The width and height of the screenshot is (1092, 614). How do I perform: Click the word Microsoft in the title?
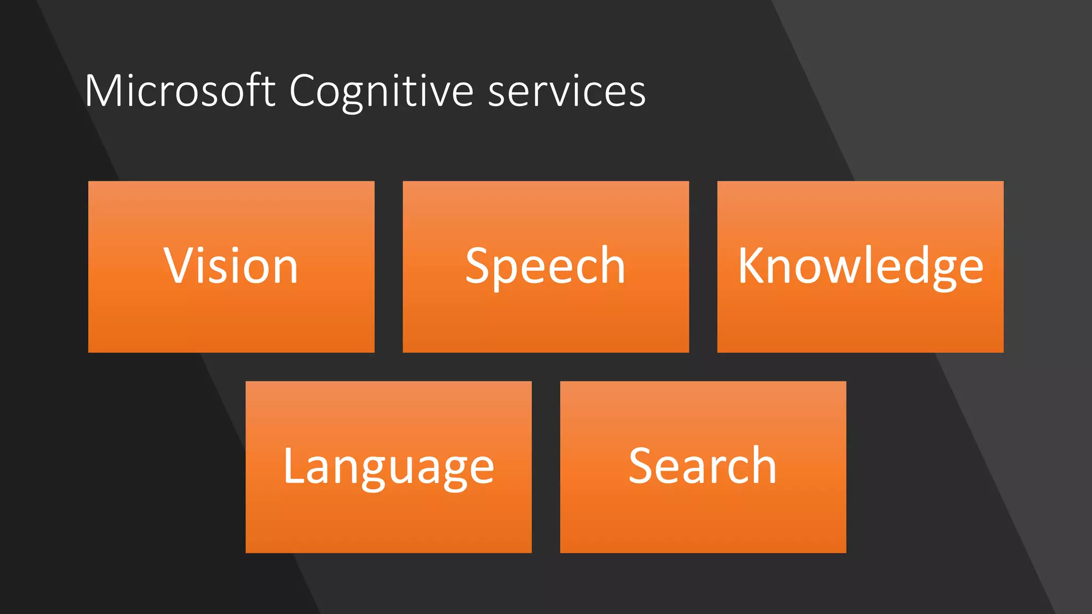[x=180, y=91]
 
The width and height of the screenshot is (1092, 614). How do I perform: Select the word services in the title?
[x=566, y=91]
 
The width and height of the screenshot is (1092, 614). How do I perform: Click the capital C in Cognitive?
[x=304, y=91]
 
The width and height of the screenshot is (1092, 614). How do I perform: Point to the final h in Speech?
[x=611, y=265]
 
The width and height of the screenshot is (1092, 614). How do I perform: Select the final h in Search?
[x=762, y=466]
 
